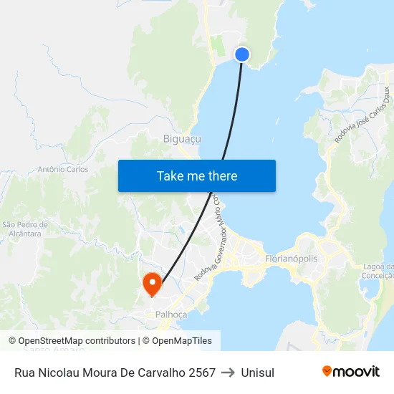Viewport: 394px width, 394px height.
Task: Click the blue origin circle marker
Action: click(242, 54)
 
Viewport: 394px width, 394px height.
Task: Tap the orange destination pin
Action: click(152, 283)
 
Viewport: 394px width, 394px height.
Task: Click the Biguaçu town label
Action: click(182, 139)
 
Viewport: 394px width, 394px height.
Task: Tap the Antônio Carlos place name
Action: click(62, 170)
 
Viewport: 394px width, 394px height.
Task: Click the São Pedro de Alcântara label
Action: click(22, 229)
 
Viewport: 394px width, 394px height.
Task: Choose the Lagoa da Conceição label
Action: click(379, 272)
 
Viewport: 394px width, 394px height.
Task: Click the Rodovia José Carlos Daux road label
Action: click(365, 115)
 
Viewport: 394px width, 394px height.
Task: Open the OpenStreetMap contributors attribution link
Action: click(72, 341)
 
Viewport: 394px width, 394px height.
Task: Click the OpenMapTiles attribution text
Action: click(177, 341)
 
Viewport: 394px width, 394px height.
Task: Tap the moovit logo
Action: click(351, 372)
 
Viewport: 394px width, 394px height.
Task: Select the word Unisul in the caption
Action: click(258, 373)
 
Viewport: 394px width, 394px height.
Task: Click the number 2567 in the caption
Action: click(201, 373)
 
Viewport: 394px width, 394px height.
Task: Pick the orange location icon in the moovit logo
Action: click(327, 371)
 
